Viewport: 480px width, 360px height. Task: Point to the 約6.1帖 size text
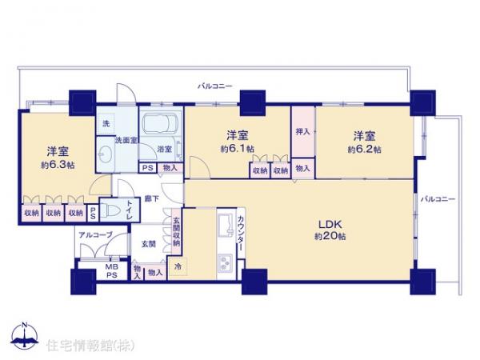click(x=238, y=149)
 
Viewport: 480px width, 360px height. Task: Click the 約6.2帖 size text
click(x=364, y=149)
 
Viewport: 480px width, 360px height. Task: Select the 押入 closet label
click(x=302, y=131)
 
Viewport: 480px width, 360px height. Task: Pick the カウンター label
click(x=240, y=233)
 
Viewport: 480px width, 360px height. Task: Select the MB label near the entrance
click(x=114, y=268)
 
